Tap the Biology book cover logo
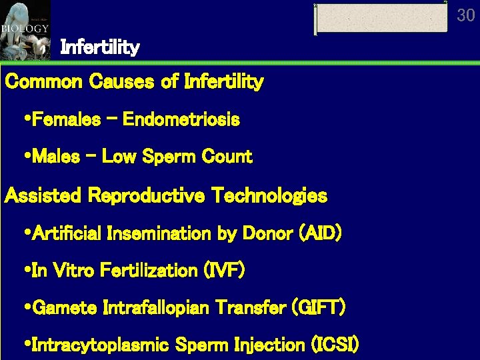click(x=25, y=30)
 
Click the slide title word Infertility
click(x=100, y=47)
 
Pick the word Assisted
click(x=43, y=196)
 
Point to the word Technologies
click(x=269, y=196)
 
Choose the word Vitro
click(x=75, y=271)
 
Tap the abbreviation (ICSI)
click(x=335, y=345)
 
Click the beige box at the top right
click(x=381, y=18)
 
